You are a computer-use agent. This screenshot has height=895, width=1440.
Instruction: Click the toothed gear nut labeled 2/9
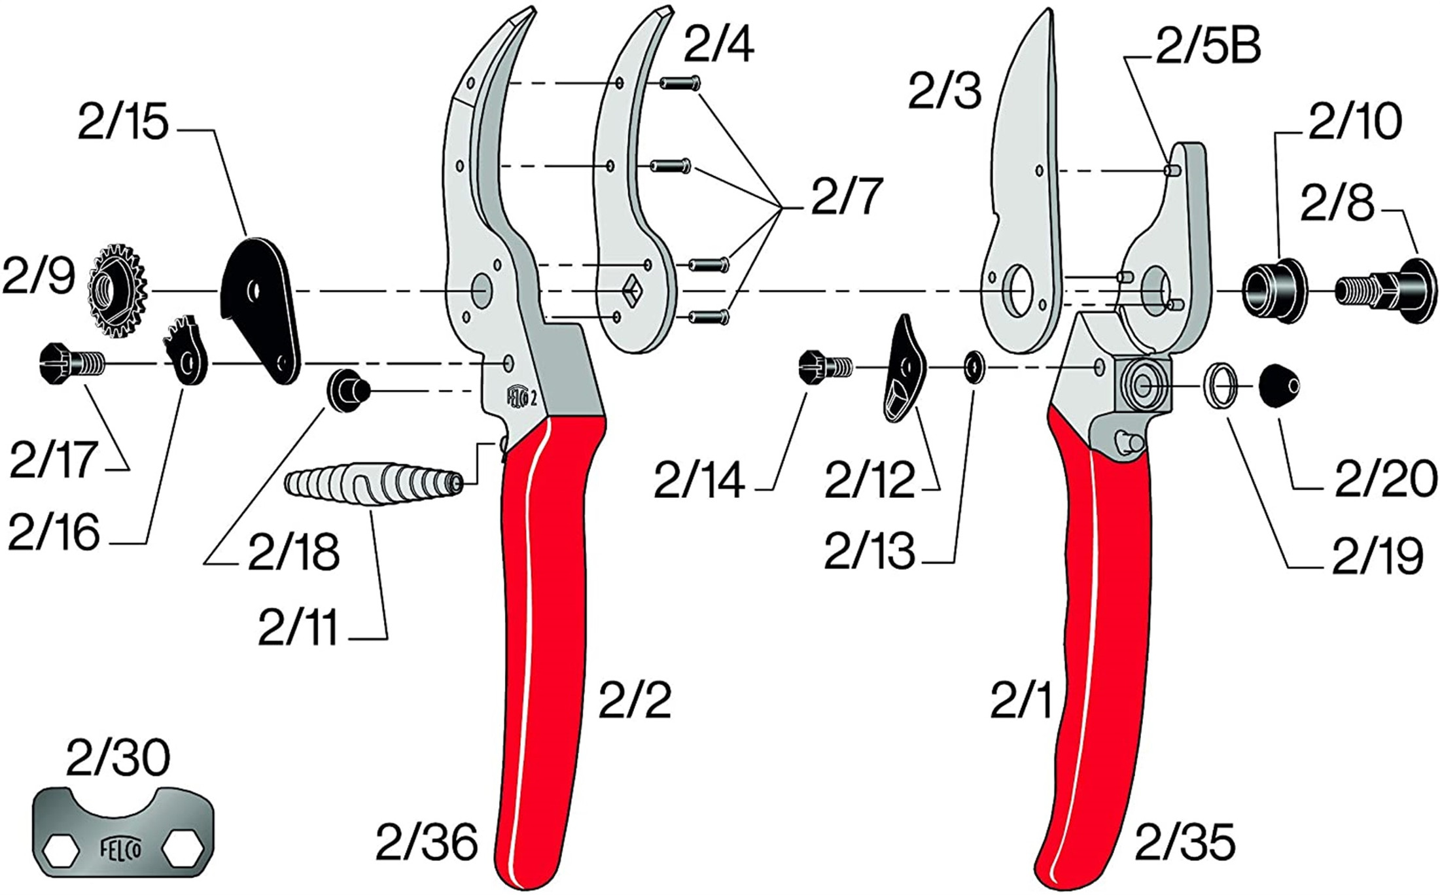click(x=116, y=290)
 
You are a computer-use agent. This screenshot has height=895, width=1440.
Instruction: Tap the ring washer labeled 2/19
click(x=1221, y=385)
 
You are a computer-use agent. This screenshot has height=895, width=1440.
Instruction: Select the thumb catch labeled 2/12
click(x=904, y=370)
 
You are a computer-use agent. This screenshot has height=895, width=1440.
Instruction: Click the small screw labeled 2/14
click(x=824, y=367)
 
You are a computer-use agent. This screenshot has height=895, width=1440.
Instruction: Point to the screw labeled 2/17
click(x=71, y=362)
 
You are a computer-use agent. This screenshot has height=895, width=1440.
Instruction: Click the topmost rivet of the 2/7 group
click(x=681, y=83)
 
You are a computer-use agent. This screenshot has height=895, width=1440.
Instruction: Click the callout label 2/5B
click(x=1208, y=47)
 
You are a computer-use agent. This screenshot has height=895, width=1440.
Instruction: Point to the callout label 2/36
click(x=426, y=843)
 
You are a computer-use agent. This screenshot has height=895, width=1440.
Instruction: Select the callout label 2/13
click(x=869, y=551)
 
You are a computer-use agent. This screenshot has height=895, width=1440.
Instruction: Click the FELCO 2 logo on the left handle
click(x=521, y=396)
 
